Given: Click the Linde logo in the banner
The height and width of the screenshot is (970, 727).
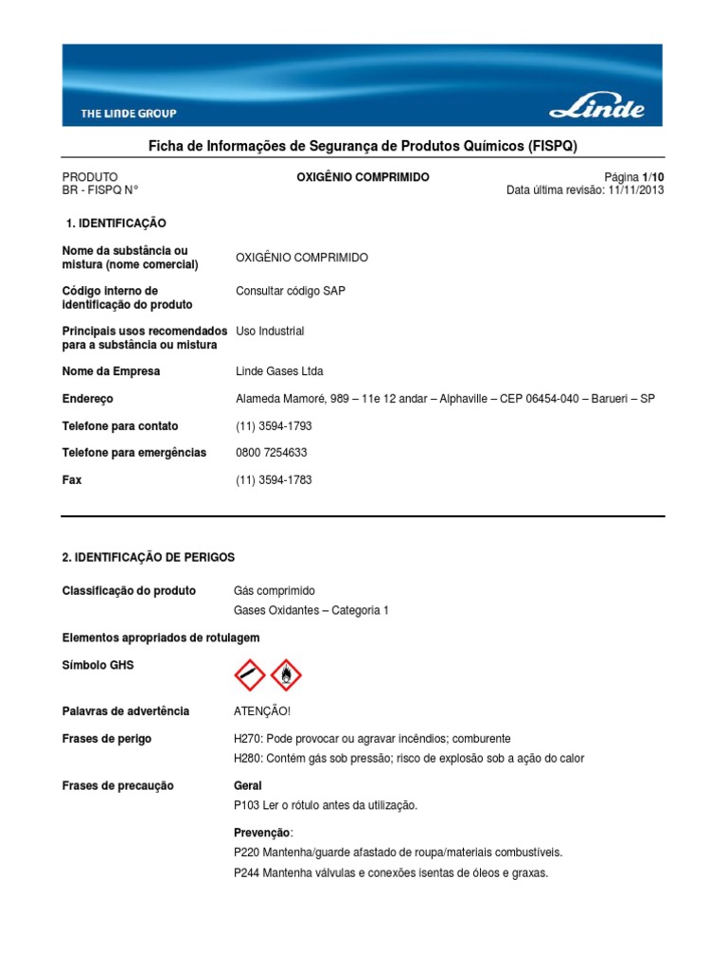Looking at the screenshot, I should (x=597, y=107).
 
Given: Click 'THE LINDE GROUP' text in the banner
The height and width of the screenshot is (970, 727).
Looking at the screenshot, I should (x=129, y=114).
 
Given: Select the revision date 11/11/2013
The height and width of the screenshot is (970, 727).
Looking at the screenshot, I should (x=634, y=189).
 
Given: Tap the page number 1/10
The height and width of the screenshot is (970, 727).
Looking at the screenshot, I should (x=653, y=177).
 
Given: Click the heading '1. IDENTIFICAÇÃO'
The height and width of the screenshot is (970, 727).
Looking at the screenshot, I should (x=115, y=224).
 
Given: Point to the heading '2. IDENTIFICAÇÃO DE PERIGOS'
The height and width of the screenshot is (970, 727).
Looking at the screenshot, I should (x=148, y=557).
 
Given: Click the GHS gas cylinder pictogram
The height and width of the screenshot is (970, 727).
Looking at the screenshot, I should (x=250, y=675).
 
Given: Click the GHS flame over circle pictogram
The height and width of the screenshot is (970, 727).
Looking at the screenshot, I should (x=286, y=675).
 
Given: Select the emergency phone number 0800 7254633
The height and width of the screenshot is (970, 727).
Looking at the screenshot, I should (x=271, y=453).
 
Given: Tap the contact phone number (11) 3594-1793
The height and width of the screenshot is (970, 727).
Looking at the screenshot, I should (x=274, y=426).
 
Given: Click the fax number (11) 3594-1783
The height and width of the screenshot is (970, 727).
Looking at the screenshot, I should (x=274, y=480).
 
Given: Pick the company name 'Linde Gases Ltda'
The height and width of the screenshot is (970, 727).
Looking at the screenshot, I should (x=279, y=371).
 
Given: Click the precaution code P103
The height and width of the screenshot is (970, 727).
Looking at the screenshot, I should (x=247, y=805).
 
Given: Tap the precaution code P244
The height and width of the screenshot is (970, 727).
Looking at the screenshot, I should (x=247, y=872).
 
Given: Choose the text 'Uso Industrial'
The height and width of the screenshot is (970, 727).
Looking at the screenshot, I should (x=270, y=332).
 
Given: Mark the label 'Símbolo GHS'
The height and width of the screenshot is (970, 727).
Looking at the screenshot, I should (x=98, y=666).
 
